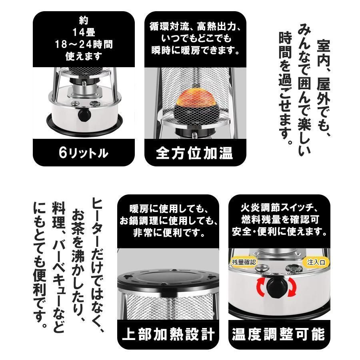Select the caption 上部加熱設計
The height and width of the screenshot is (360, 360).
[168, 334]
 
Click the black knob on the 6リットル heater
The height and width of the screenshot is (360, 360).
[84, 116]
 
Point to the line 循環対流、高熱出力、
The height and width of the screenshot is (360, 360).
[196, 28]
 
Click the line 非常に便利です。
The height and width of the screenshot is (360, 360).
[168, 231]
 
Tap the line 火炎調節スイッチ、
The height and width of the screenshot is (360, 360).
[279, 208]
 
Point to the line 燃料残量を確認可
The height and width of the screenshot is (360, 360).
[279, 220]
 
